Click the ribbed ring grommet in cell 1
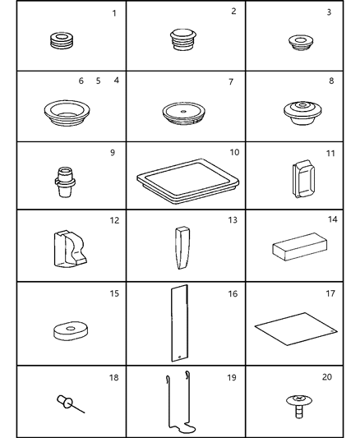tap(62, 41)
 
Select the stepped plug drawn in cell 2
tap(183, 39)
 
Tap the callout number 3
tap(329, 12)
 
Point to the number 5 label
tap(98, 81)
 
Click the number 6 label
tap(81, 81)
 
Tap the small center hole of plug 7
tap(183, 112)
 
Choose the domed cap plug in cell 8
tap(302, 113)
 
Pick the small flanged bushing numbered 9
tap(65, 182)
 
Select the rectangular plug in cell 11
tap(303, 178)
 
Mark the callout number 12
tap(114, 221)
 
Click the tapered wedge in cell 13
tap(182, 247)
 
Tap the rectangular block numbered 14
tap(300, 247)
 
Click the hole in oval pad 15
tap(71, 329)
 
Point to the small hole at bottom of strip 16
tap(179, 357)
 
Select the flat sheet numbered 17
tap(296, 329)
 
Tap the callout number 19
tap(232, 378)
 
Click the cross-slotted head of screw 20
tap(299, 398)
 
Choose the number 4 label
tap(117, 81)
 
